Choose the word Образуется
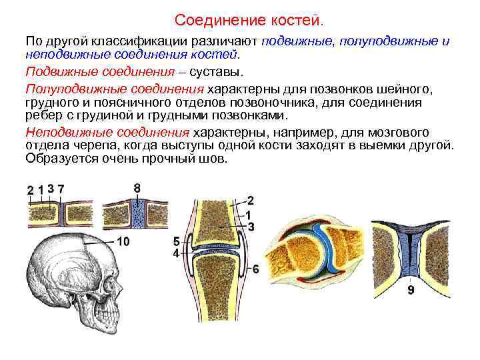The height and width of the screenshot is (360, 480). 59,159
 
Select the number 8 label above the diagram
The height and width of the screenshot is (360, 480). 137,189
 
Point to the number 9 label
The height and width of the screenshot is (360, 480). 411,289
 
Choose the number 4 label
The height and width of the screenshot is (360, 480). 175,254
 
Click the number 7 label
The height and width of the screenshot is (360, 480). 61,190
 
